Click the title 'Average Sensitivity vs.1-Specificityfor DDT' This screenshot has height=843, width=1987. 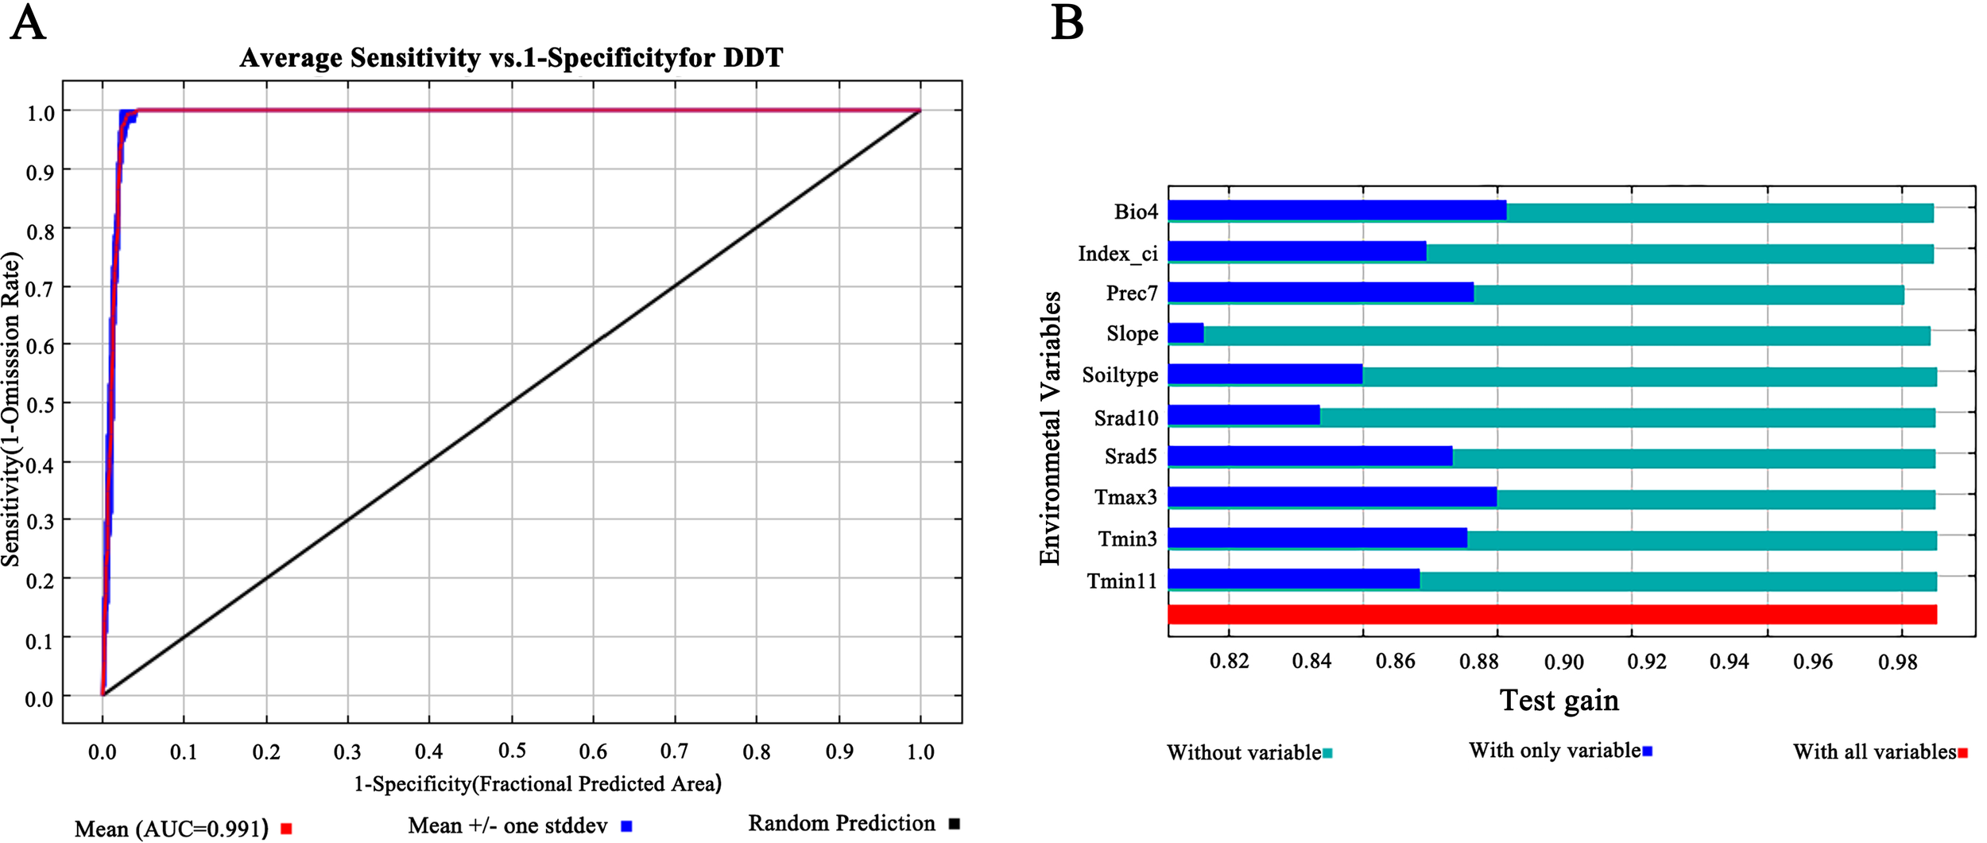511,58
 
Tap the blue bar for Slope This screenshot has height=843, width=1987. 1186,333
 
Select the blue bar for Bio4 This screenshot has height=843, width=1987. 1337,211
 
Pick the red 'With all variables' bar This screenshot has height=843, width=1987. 1551,615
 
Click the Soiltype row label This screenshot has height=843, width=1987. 1120,375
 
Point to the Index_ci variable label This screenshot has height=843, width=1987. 1117,254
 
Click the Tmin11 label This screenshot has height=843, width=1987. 1121,581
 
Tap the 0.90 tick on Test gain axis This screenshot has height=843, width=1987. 1563,662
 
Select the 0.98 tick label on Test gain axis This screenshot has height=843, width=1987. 1897,662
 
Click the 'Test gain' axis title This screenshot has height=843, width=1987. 1559,701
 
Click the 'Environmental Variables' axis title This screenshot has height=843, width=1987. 1050,429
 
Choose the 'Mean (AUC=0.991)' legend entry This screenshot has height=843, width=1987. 171,829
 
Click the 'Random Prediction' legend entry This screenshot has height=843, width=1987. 842,823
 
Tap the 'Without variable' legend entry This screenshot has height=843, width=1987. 1244,752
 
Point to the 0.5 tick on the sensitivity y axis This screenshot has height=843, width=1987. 41,405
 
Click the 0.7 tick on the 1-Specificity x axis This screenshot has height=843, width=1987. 674,752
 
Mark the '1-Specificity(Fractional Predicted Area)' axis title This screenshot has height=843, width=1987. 537,784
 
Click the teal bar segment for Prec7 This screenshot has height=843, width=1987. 1688,293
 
